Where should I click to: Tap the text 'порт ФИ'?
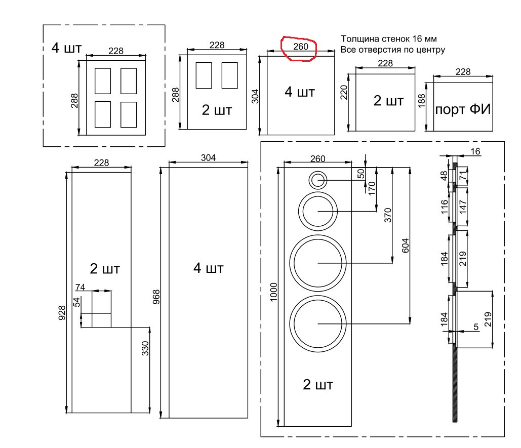(x=463, y=109)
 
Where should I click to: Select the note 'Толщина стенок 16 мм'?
(x=388, y=39)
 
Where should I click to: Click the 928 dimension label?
(x=62, y=314)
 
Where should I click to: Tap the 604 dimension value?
(x=405, y=246)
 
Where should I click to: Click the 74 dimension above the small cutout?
(x=80, y=287)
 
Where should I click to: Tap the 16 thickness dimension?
(x=475, y=151)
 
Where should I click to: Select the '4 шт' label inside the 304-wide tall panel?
(x=209, y=267)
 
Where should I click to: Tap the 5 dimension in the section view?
(x=475, y=327)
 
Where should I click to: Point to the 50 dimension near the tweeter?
(x=361, y=173)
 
